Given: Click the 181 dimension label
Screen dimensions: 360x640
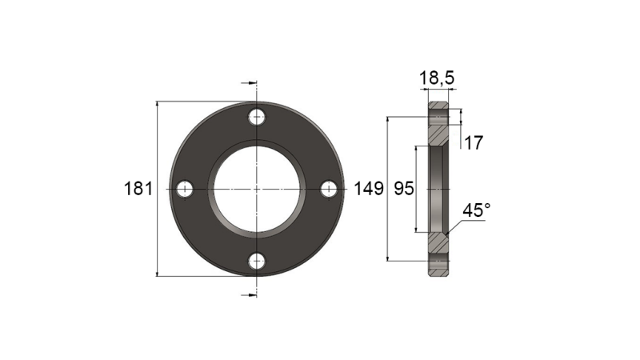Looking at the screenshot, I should point(138,190).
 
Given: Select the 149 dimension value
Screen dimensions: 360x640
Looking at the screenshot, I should point(368,190).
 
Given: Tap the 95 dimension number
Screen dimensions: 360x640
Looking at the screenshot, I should point(404,190).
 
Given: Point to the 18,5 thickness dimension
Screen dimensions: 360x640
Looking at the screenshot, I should point(437,78).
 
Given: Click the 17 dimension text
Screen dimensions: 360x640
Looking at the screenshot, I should point(474,143).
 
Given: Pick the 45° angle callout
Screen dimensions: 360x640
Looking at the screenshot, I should point(477,210).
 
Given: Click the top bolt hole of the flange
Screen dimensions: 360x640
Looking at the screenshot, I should point(257,117).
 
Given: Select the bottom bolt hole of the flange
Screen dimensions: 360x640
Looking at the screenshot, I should point(257,261).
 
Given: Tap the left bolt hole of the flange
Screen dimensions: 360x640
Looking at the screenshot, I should point(185,189).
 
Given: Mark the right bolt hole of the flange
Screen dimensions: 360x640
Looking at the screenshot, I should point(329,189).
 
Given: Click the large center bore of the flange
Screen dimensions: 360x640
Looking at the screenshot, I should point(257,189).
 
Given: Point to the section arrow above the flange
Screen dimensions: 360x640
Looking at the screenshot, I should point(249,82).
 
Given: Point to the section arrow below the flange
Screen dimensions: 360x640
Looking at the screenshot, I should point(249,295).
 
